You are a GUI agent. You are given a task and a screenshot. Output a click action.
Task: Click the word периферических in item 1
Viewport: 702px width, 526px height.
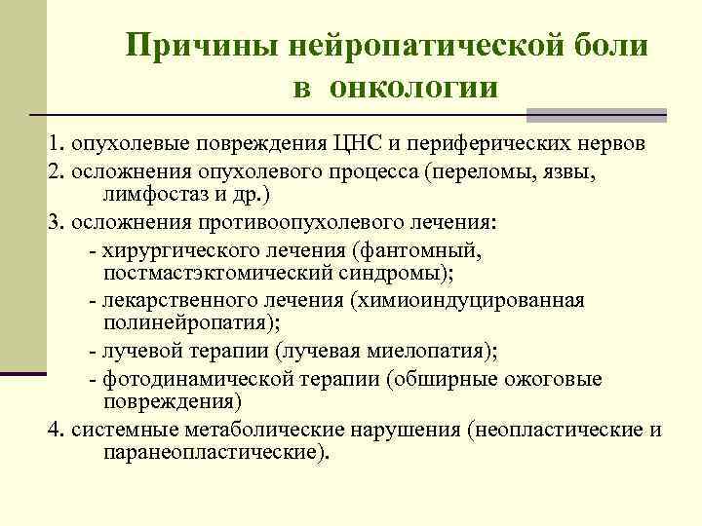point(526,145)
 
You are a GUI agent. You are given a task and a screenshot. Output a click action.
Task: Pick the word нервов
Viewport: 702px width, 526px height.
point(633,145)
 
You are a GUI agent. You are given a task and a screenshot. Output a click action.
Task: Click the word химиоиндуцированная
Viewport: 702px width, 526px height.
point(476,300)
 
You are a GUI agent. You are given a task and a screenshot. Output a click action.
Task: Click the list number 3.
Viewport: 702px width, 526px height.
point(54,221)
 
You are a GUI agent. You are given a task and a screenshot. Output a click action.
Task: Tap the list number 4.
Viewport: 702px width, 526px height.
point(54,430)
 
